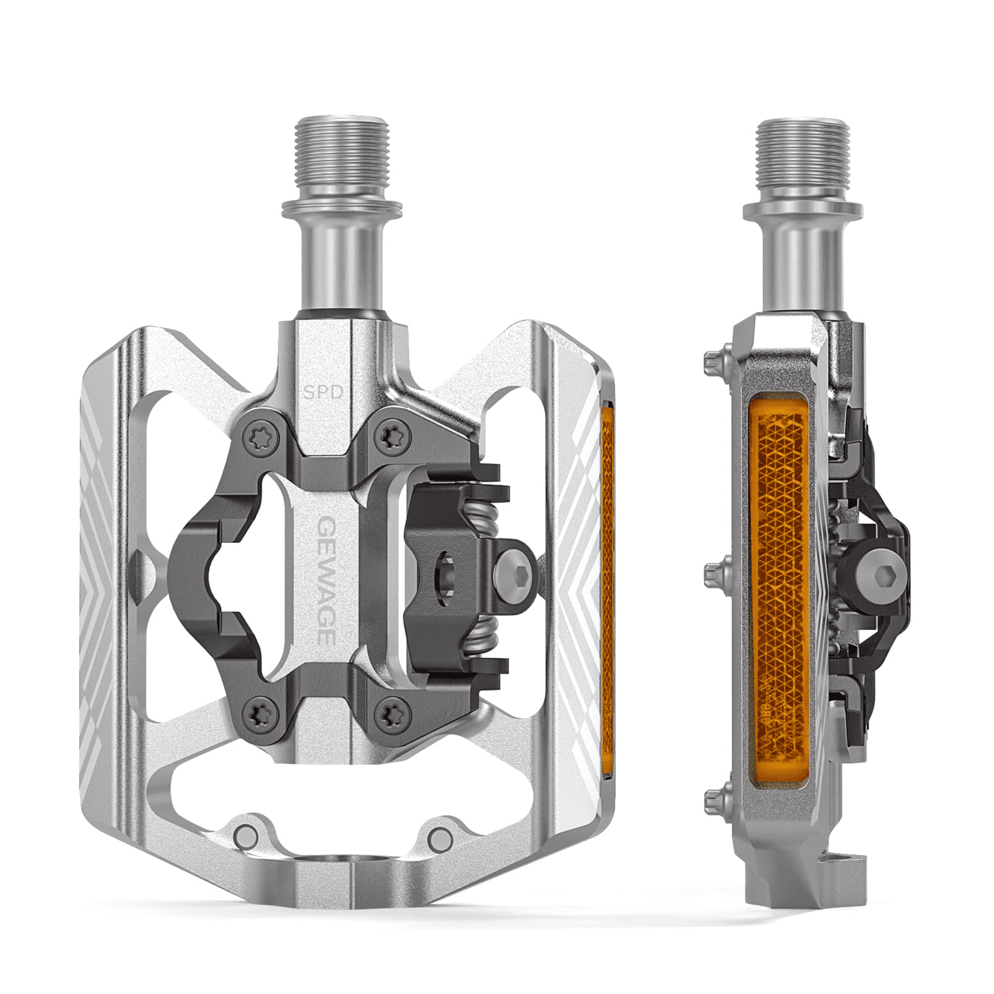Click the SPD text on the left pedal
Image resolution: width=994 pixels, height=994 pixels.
click(x=324, y=392)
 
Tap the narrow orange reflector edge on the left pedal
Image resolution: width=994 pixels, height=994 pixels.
click(x=608, y=559)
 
